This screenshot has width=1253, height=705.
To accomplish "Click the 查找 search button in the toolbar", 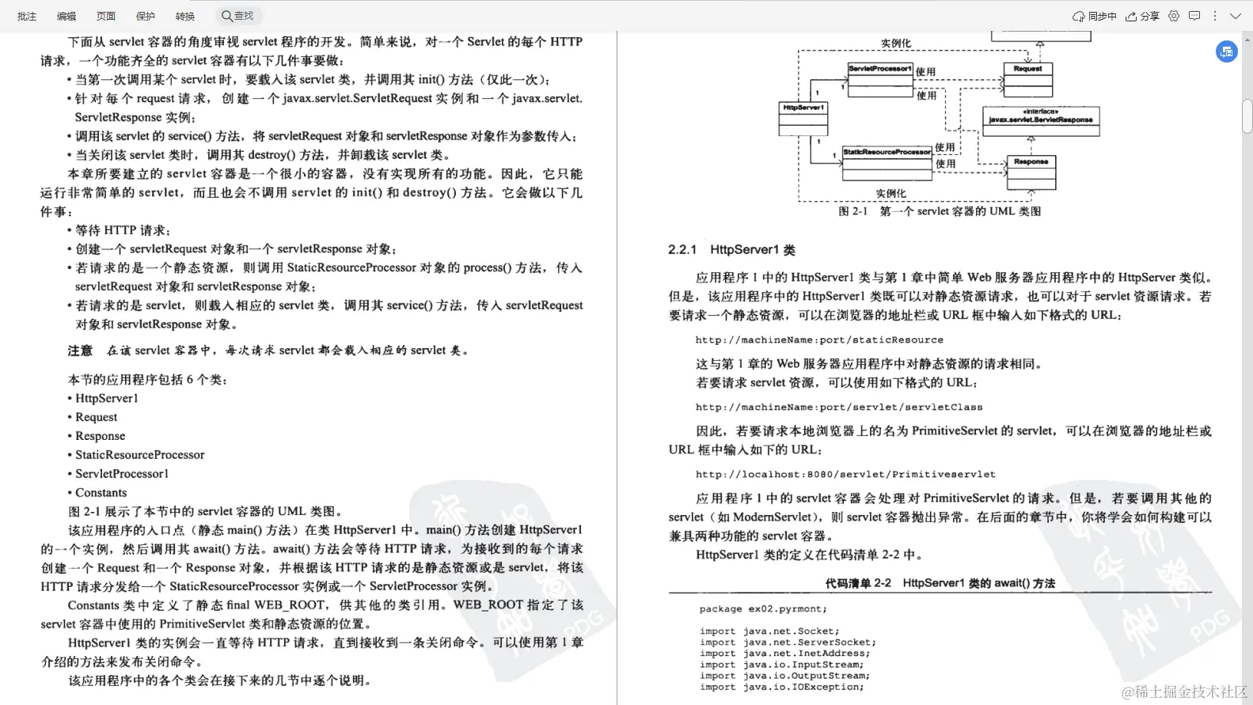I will tap(237, 16).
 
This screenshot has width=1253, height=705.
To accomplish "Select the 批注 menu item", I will tap(27, 16).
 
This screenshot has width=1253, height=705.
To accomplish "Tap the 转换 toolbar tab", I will tap(185, 16).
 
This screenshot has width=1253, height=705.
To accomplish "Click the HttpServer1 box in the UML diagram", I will tap(803, 119).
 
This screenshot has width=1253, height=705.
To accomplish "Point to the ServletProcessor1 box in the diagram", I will tap(880, 79).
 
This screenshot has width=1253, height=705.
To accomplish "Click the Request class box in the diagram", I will tap(1027, 79).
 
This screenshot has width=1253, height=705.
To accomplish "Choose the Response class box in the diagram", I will tap(1031, 172).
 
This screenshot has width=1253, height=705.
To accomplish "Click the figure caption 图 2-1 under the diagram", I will tap(940, 211).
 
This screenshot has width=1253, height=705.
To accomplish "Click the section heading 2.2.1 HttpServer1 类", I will tap(731, 250).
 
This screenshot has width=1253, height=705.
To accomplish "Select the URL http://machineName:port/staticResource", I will tap(819, 340).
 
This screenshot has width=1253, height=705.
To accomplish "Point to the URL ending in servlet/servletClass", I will tap(839, 407).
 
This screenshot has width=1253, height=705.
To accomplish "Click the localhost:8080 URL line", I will tap(845, 475).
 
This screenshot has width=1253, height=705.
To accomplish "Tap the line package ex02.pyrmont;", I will tap(763, 609).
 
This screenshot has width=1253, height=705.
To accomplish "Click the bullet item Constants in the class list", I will tap(101, 493).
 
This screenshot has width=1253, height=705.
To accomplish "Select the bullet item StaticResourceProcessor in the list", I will tap(139, 455).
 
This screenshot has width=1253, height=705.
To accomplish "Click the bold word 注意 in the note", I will tap(80, 351).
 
